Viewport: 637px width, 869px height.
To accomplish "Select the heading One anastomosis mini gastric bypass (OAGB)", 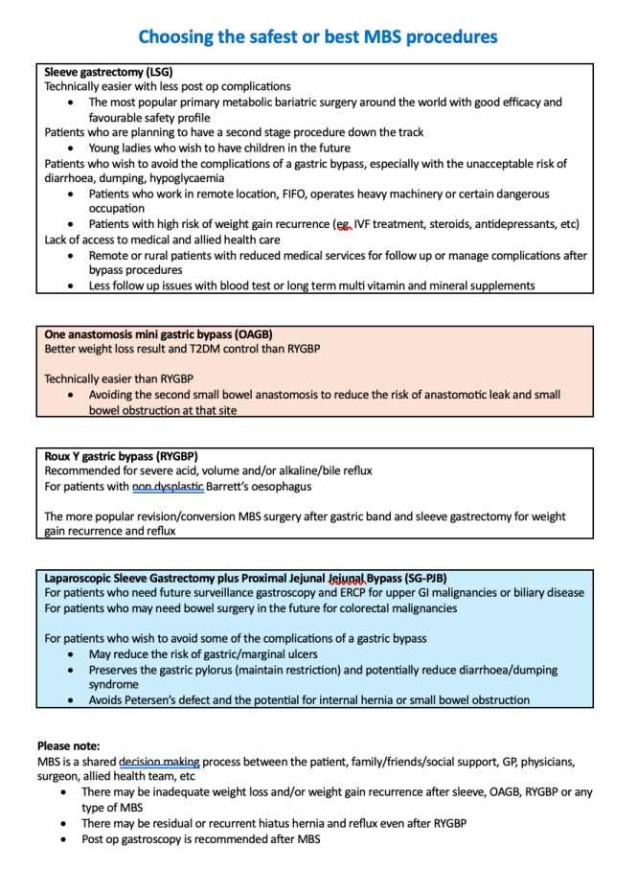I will click(x=159, y=334).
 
